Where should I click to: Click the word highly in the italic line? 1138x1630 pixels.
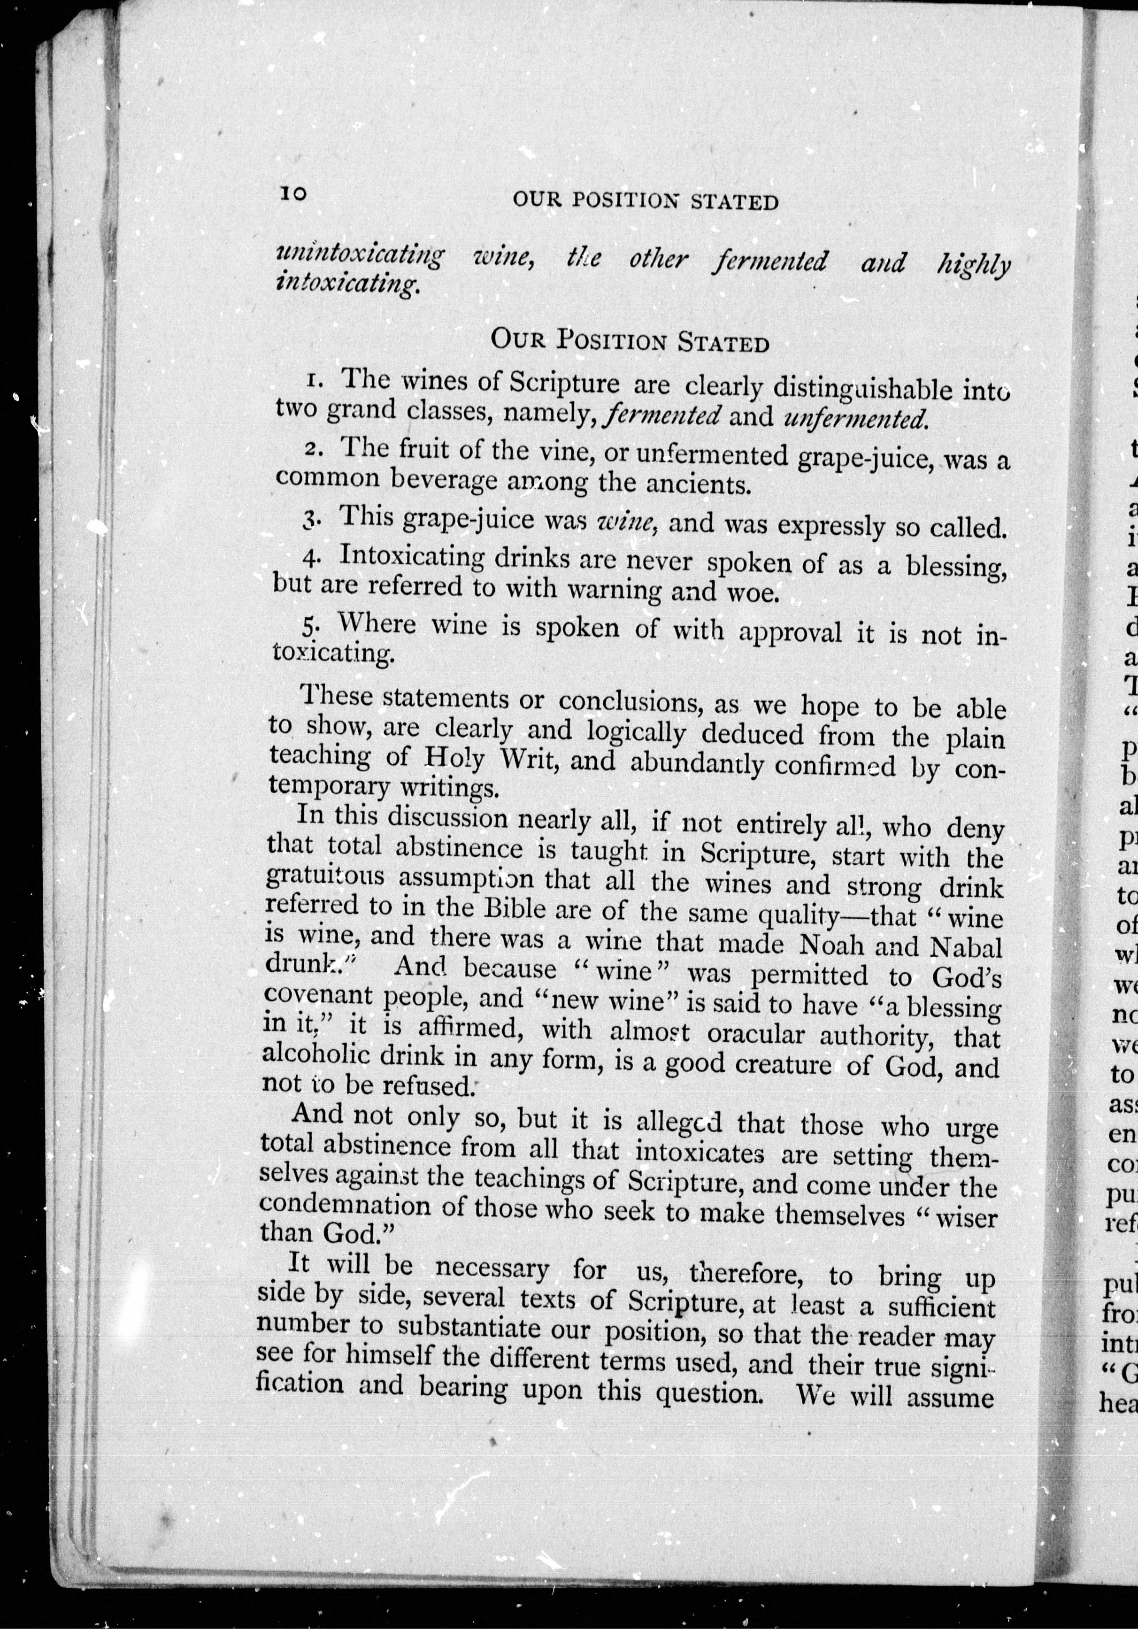[x=973, y=264]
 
